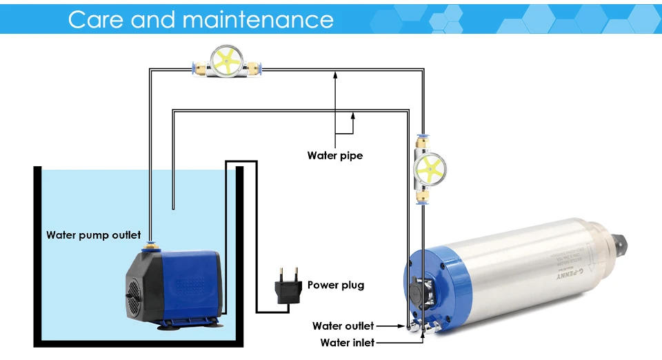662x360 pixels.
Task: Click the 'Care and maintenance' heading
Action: pos(201,19)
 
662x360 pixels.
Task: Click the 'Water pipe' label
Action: pos(335,156)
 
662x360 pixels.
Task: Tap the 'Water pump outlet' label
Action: pos(94,235)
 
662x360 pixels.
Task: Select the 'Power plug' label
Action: pos(336,285)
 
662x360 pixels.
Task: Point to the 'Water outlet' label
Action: pos(343,326)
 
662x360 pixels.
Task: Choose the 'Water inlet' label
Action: pos(348,342)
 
